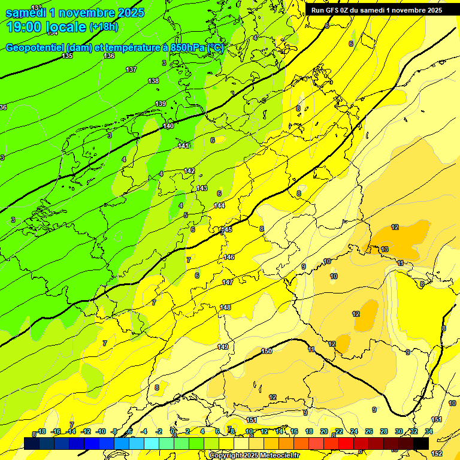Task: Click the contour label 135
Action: [67, 56]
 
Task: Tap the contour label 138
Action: [153, 81]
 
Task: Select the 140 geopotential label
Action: [168, 126]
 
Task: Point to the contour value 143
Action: [202, 188]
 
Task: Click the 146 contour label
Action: [229, 257]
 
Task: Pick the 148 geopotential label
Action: [225, 307]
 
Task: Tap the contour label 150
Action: [267, 351]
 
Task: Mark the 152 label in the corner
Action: [437, 453]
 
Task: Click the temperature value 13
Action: [385, 249]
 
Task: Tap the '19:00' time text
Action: [25, 27]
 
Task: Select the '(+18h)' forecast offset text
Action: [104, 27]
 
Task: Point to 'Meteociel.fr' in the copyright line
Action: [278, 456]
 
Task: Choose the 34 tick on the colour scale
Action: [429, 431]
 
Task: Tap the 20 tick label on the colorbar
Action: [324, 431]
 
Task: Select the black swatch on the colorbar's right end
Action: [420, 443]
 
